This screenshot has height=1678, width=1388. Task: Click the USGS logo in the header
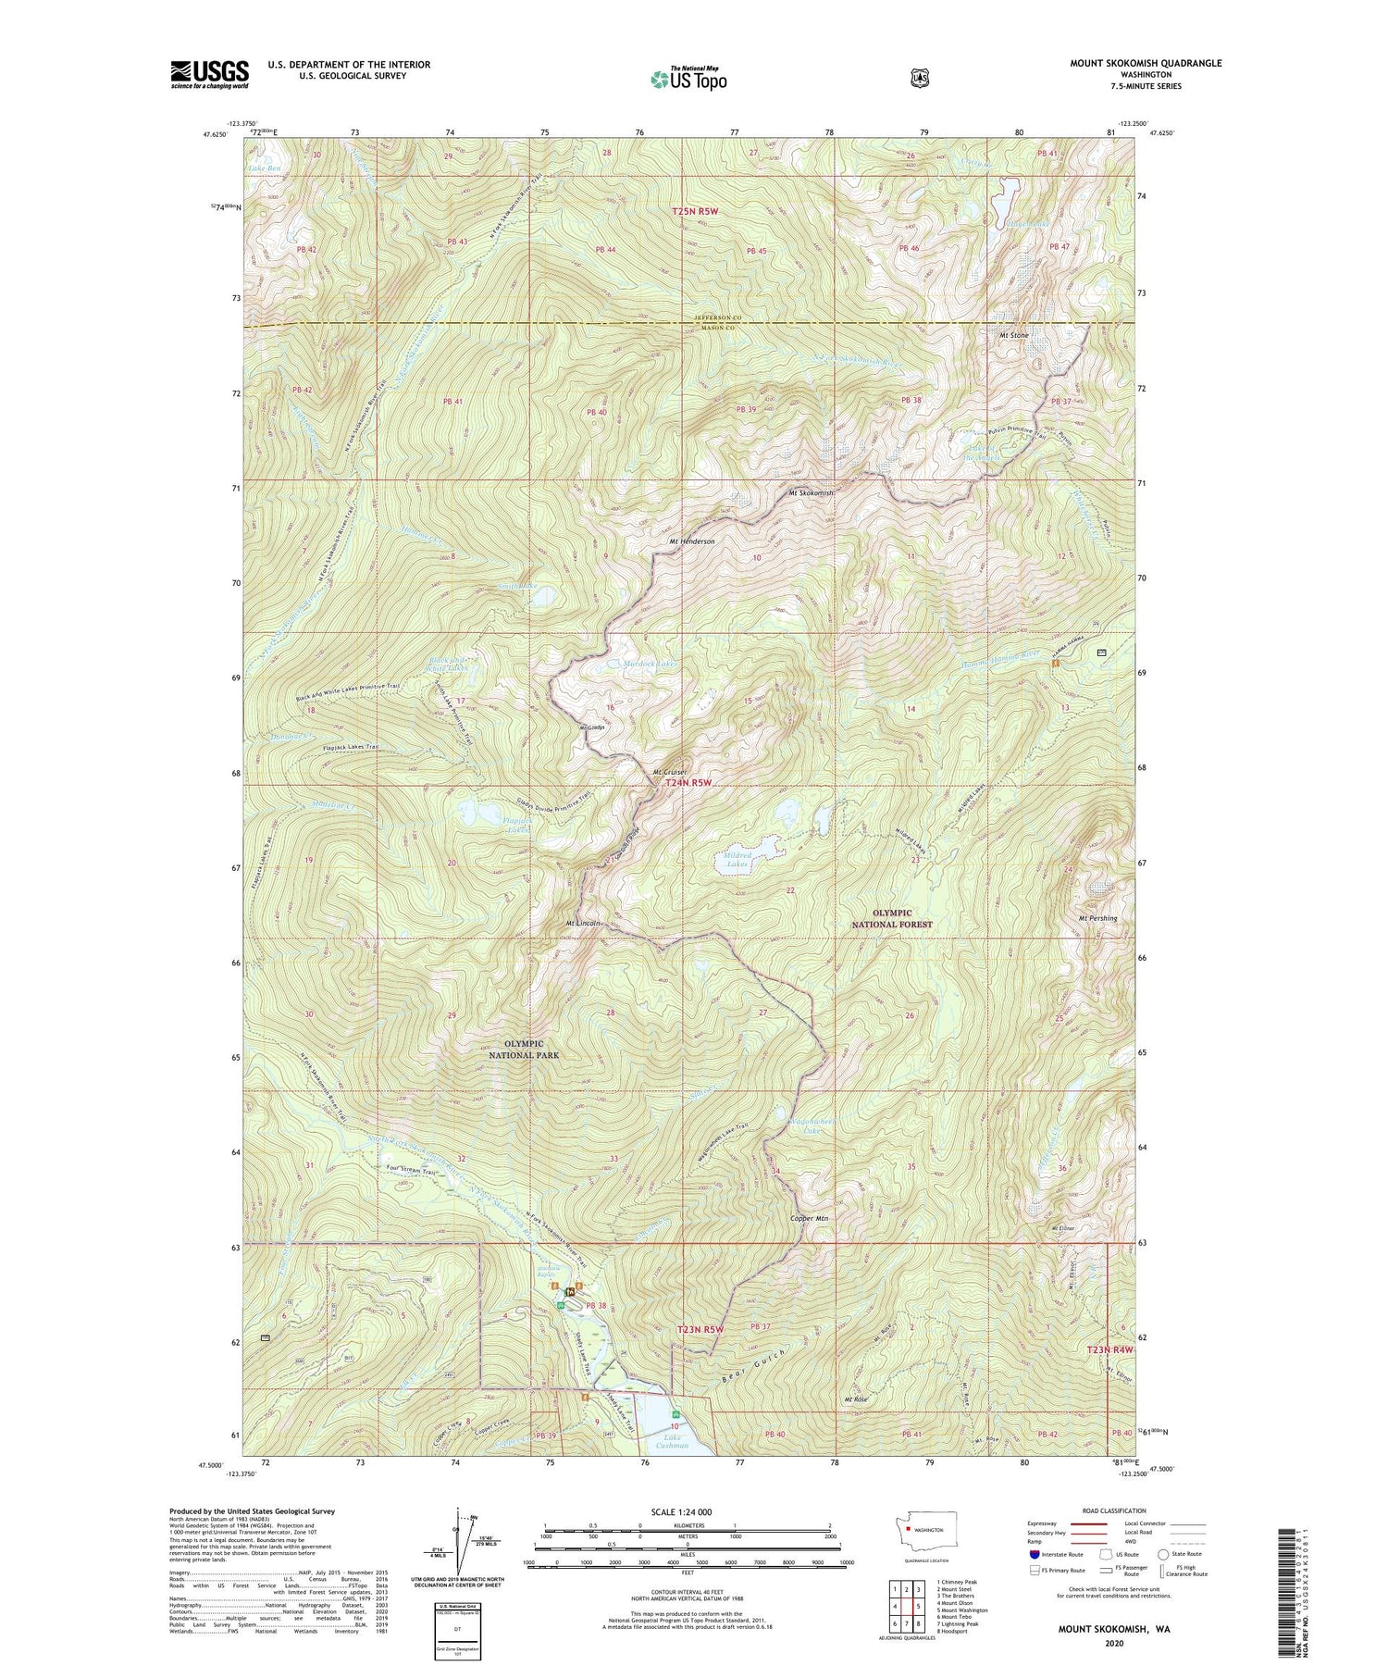coord(209,74)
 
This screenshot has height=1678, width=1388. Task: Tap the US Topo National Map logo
coord(688,78)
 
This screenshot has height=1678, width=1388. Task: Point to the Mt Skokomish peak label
coord(811,493)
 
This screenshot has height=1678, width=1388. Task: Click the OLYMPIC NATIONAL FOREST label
coord(891,918)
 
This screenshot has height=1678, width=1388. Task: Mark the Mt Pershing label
coord(1097,918)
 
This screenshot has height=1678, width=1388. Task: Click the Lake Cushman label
coord(673,1440)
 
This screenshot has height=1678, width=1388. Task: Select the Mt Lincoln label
coord(584,924)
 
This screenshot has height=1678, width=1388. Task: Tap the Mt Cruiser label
coord(670,772)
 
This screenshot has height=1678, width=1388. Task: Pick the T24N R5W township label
coord(688,783)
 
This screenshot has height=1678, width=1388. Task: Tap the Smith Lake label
coord(517,587)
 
